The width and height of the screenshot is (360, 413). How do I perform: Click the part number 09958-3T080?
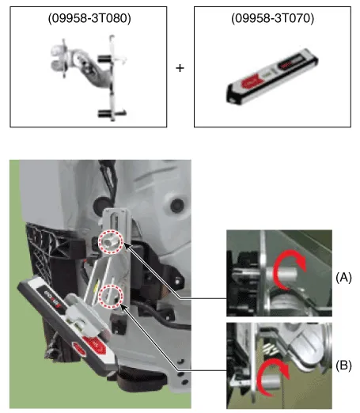[x=89, y=18]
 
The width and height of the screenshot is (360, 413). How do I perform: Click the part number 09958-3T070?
[x=272, y=18]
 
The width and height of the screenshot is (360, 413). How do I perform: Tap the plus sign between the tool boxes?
[x=180, y=68]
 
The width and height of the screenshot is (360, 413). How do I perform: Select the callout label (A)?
[x=343, y=278]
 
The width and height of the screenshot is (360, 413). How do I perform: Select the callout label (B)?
[x=343, y=366]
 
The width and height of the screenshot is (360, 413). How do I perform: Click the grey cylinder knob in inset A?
[x=282, y=275]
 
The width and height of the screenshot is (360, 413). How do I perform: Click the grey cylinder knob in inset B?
[x=269, y=382]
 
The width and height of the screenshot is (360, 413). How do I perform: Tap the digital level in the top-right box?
[x=271, y=77]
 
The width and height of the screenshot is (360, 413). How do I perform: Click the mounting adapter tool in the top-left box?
[x=89, y=77]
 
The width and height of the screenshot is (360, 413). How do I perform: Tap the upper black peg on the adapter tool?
[x=104, y=59]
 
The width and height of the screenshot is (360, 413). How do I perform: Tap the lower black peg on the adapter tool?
[x=104, y=114]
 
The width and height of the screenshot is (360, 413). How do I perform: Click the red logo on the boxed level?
[x=249, y=82]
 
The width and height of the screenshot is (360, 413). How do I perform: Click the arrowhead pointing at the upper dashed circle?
[x=127, y=247]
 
